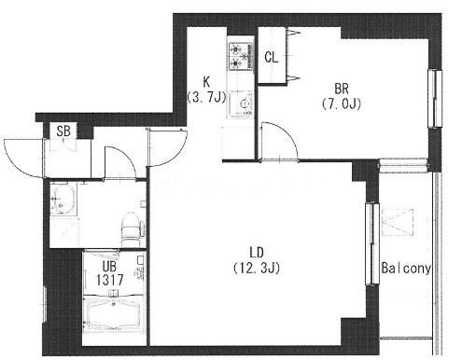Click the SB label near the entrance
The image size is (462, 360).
pyautogui.click(x=63, y=131)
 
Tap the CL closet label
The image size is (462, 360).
pyautogui.click(x=272, y=57)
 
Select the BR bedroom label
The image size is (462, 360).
pyautogui.click(x=342, y=89)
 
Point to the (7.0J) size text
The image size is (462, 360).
pyautogui.click(x=342, y=104)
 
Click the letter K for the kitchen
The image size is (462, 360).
pyautogui.click(x=206, y=82)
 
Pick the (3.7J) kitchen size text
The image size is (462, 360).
pyautogui.click(x=206, y=97)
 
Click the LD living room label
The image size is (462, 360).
pyautogui.click(x=257, y=253)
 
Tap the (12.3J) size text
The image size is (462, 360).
pyautogui.click(x=257, y=268)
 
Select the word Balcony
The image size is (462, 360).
pyautogui.click(x=406, y=268)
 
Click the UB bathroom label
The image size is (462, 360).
pyautogui.click(x=109, y=266)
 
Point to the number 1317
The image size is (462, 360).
pyautogui.click(x=110, y=280)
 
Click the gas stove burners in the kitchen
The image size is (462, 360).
pyautogui.click(x=241, y=56)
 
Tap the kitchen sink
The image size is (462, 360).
pyautogui.click(x=241, y=104)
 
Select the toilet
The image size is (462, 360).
pyautogui.click(x=133, y=228)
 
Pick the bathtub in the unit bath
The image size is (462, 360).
pyautogui.click(x=113, y=313)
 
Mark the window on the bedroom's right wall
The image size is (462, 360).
pyautogui.click(x=435, y=99)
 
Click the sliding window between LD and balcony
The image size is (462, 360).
pyautogui.click(x=372, y=243)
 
